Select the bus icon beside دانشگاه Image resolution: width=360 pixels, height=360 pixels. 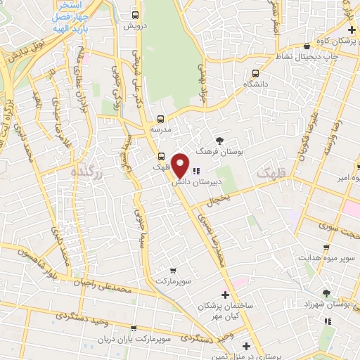coord(255,72)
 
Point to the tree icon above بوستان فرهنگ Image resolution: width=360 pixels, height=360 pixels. coord(219,141)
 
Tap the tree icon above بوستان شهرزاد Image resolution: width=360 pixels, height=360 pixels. coord(326,292)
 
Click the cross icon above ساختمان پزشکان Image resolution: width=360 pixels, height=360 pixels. coord(225,294)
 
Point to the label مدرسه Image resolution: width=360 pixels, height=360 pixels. coord(161,130)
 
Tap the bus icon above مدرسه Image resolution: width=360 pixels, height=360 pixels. coord(161,119)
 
